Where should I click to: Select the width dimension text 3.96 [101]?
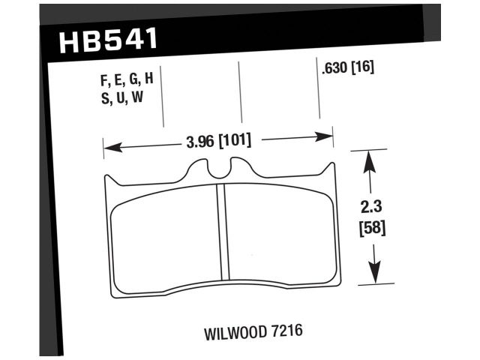[217, 140]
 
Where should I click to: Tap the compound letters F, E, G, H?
[126, 81]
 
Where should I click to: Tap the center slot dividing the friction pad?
[221, 237]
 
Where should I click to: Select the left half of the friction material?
[165, 240]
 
